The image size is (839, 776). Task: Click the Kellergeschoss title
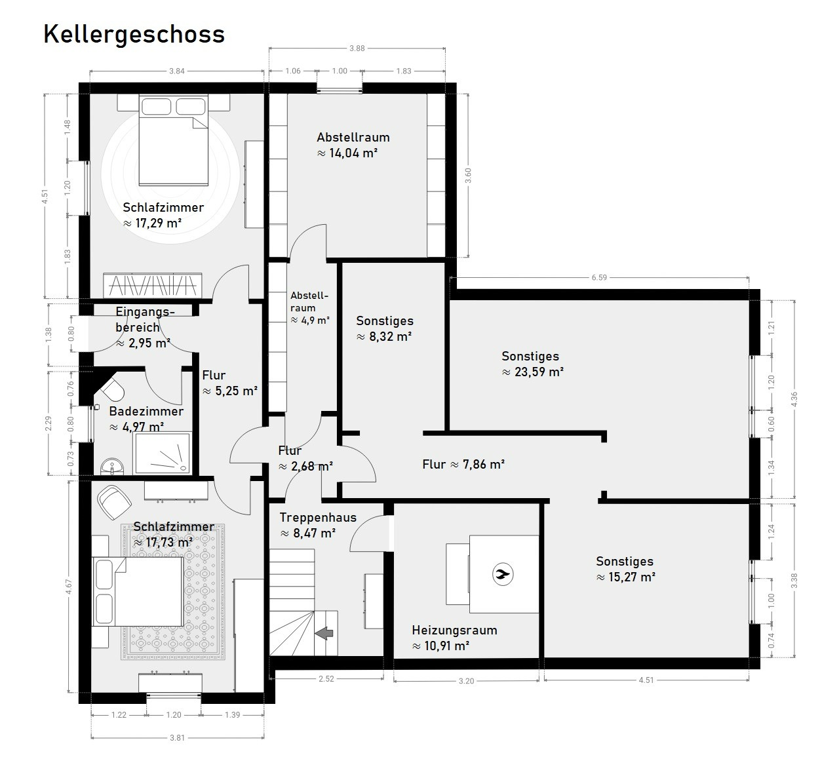[134, 35]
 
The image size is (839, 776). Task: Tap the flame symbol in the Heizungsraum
[503, 574]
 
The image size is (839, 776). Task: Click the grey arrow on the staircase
[324, 633]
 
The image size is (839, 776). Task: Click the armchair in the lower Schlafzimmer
[114, 502]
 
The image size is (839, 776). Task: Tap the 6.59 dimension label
[599, 277]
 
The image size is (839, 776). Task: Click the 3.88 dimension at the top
[357, 48]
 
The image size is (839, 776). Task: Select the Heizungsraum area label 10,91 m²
[440, 646]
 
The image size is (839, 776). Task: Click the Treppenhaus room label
[318, 518]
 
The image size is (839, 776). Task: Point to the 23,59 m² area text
[533, 372]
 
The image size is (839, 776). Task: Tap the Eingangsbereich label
[145, 319]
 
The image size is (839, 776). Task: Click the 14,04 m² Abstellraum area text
[347, 153]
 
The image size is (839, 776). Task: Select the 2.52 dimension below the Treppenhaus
[326, 678]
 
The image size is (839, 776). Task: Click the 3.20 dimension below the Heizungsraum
[467, 680]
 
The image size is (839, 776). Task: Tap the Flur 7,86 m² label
[463, 465]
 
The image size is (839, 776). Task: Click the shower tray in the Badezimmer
[163, 453]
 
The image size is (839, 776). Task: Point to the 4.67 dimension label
[68, 587]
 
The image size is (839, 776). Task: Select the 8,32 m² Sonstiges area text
[384, 337]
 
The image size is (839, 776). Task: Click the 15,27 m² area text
[626, 577]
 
